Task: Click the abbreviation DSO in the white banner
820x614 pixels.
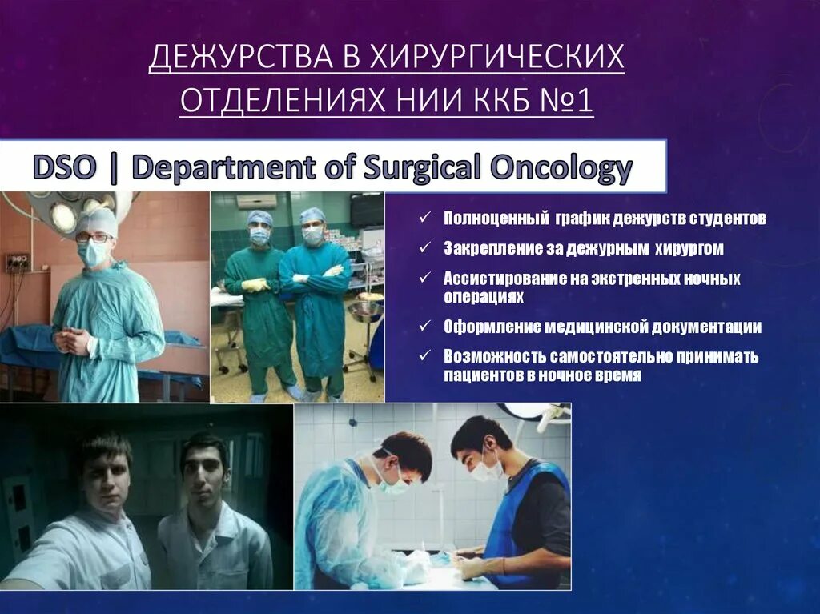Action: tap(64, 169)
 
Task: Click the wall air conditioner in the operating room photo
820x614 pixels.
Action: tap(255, 201)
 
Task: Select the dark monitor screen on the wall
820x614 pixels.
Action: tap(367, 210)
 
